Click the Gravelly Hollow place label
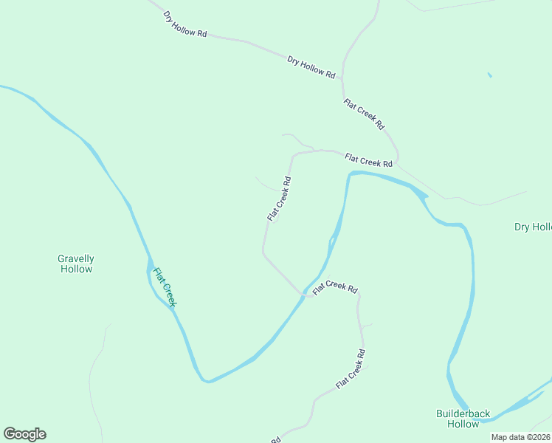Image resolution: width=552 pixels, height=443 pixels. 76,264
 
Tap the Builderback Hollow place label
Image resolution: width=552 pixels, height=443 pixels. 463,419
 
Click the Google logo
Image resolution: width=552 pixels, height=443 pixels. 24,434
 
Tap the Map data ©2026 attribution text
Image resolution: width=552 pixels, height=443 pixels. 520,437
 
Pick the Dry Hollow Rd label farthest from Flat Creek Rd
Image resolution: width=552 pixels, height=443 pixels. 185,24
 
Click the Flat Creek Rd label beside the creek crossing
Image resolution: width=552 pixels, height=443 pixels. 335,288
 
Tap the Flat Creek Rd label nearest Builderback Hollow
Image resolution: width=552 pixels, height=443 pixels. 351,370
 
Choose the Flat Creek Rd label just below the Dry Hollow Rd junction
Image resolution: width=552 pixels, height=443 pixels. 365,114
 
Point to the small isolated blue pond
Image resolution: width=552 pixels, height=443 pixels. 489,75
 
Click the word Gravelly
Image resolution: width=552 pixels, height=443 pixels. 76,258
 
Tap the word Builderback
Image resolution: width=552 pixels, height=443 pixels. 463,414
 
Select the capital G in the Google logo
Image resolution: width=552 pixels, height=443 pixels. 10,433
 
